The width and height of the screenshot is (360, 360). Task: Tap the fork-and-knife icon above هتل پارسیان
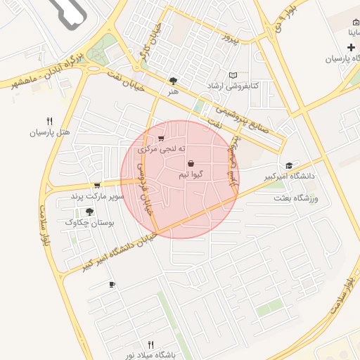coord(50,120)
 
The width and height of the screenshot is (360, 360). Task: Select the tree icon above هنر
coord(174,81)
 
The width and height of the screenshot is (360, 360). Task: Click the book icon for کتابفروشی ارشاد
coord(233,75)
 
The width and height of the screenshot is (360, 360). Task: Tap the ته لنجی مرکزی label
coord(162,149)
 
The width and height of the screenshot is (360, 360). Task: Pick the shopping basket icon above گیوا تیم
coord(191,163)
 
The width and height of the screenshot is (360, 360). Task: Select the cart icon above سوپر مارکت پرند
coord(97,185)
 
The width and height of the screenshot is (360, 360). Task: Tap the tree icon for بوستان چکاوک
coord(89,212)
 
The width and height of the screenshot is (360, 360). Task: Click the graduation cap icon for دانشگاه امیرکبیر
coord(289,165)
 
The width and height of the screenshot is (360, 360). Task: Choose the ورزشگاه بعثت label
coord(294,199)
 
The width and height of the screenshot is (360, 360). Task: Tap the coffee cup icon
coord(112,284)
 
